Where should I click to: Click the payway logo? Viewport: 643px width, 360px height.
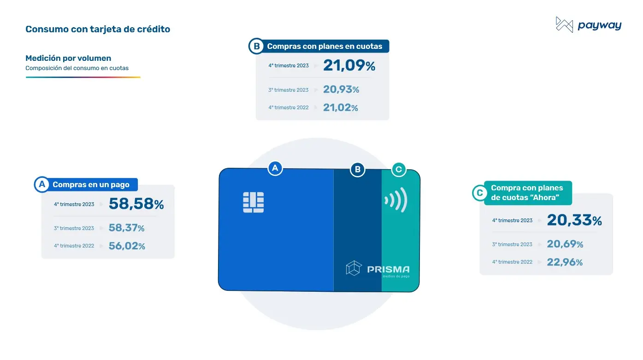tap(589, 25)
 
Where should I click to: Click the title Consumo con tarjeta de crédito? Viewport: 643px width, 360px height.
tap(98, 29)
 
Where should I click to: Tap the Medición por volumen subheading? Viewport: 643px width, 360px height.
tap(68, 58)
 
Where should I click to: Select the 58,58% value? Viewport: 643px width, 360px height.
tap(136, 204)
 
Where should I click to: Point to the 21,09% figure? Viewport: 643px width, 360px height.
tap(349, 65)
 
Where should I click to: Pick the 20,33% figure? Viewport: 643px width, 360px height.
tap(574, 220)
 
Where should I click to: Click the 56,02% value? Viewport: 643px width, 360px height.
tap(127, 246)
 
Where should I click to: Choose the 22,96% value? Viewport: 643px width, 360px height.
tap(565, 262)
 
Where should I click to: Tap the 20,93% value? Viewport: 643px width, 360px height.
tap(341, 89)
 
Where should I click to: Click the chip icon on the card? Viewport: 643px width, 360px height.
tap(253, 202)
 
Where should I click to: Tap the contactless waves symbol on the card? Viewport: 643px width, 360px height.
tap(396, 200)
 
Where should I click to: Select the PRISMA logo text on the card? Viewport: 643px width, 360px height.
tap(388, 269)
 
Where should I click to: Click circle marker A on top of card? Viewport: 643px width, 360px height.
tap(275, 168)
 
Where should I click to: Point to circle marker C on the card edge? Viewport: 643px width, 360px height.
tap(399, 169)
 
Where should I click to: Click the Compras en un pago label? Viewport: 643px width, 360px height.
tap(91, 184)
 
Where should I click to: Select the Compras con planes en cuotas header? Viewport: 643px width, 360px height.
tap(324, 46)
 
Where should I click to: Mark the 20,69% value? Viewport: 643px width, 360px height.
tap(565, 244)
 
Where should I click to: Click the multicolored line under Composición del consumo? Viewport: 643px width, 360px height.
tap(83, 77)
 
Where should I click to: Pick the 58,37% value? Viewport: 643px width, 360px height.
tap(126, 228)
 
